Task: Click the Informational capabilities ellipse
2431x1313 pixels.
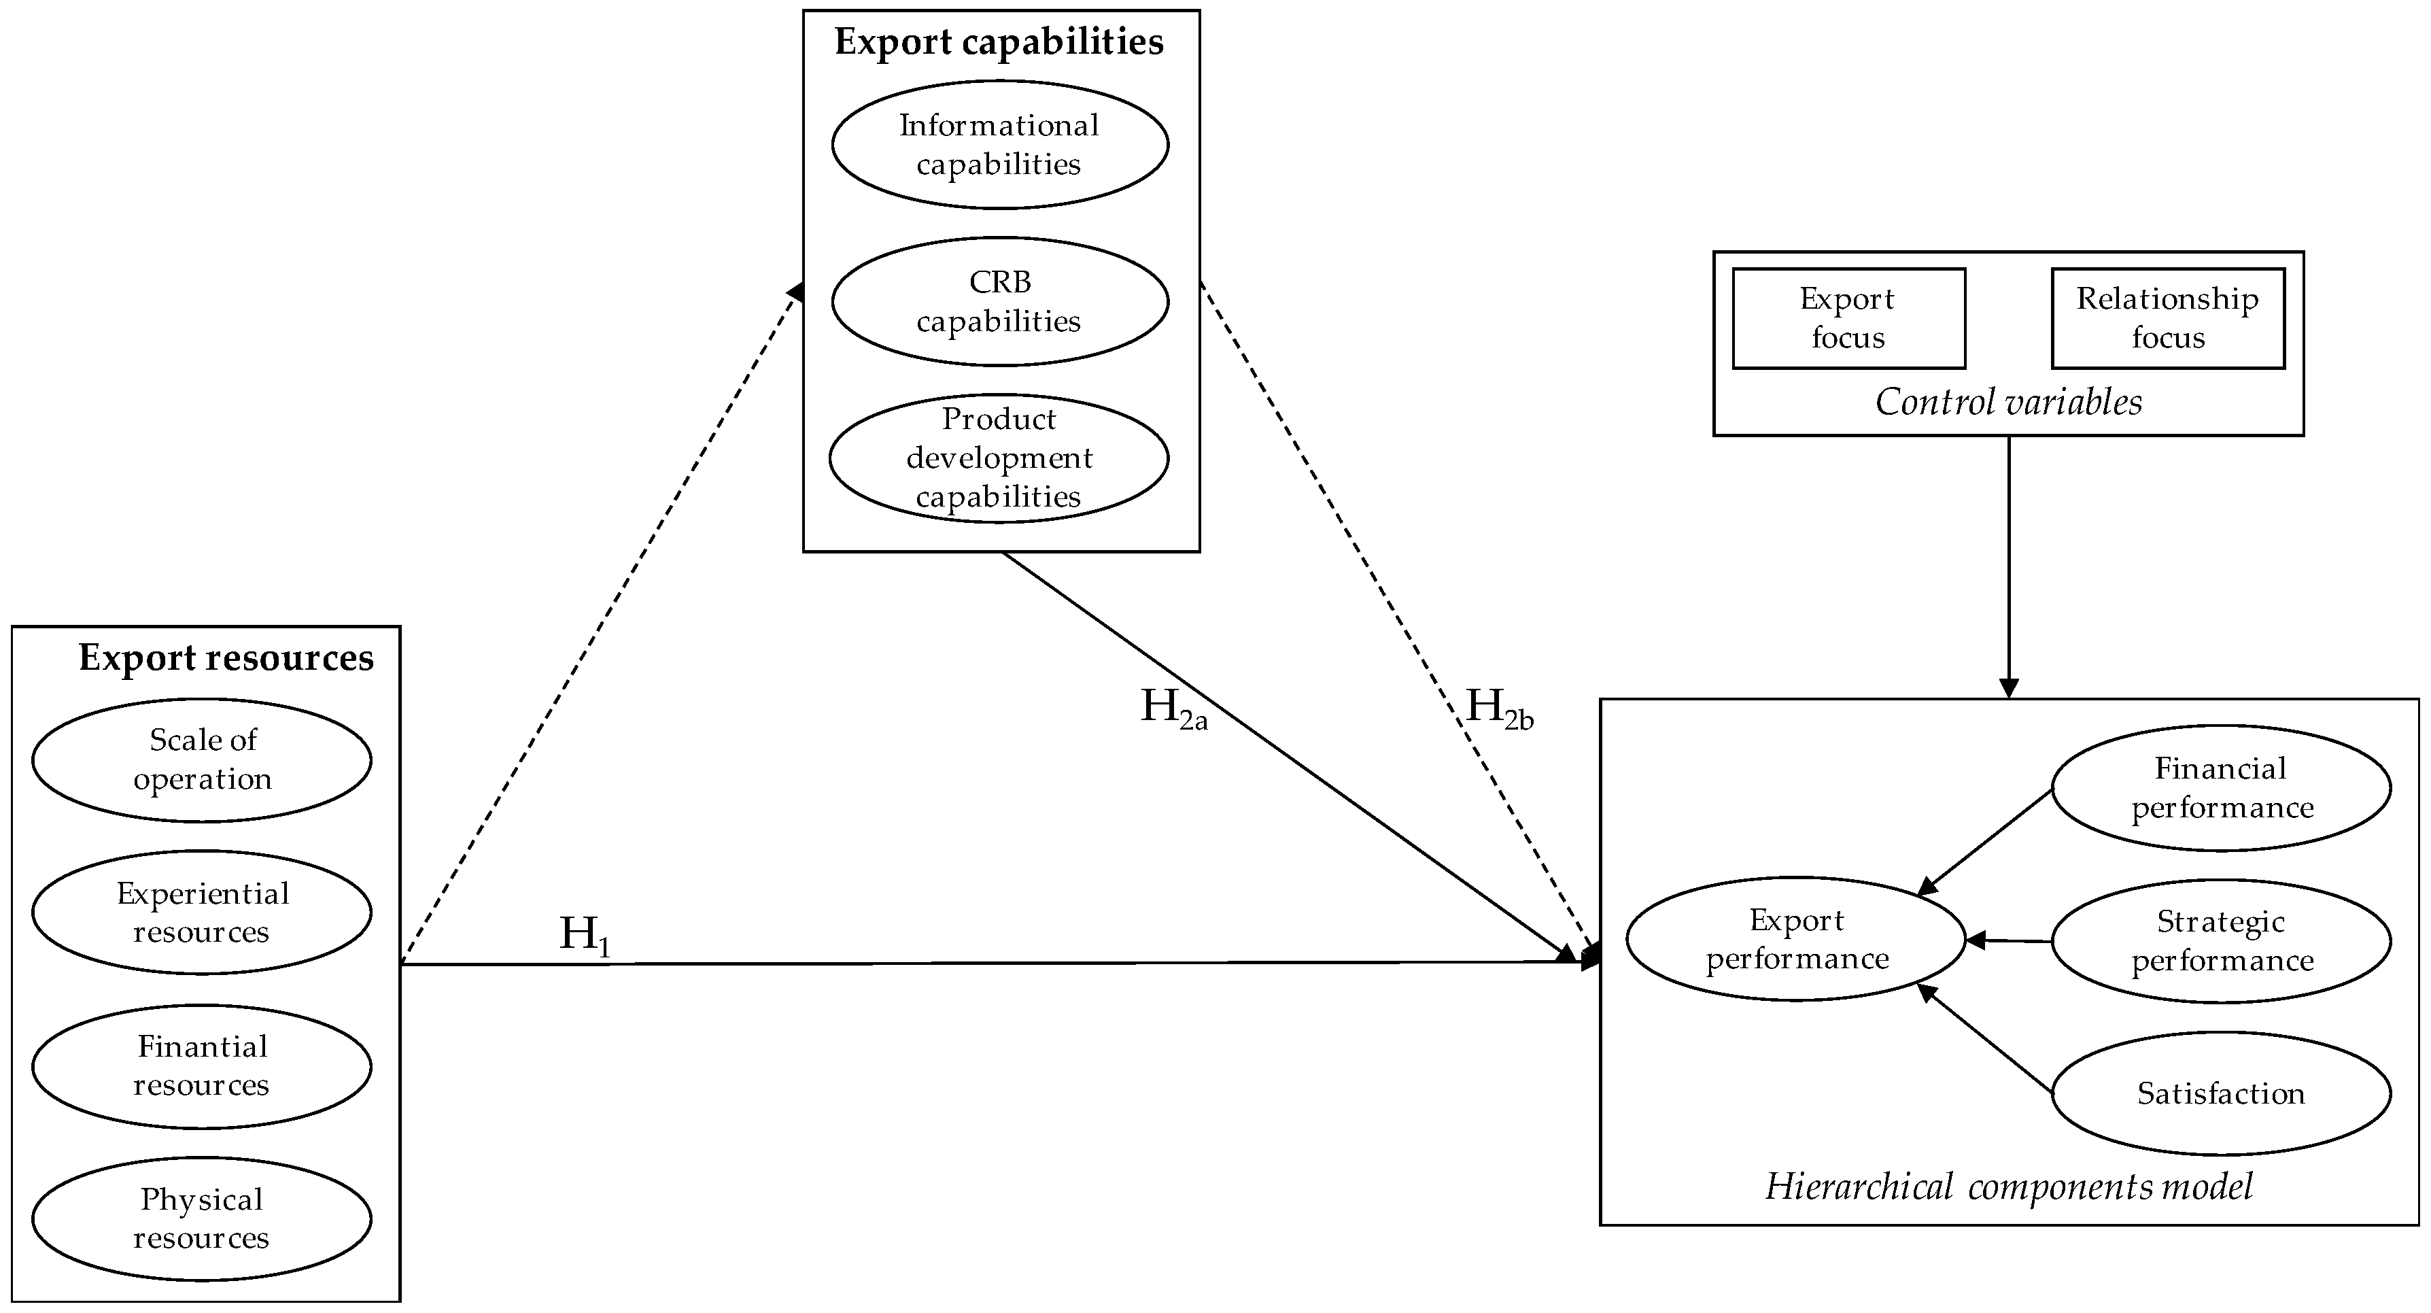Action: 999,144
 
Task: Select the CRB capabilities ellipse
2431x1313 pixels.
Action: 999,301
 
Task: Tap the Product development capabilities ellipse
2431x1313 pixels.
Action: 999,458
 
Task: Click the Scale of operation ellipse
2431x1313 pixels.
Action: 202,760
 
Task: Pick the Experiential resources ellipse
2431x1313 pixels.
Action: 202,913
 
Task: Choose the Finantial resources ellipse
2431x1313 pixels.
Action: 202,1065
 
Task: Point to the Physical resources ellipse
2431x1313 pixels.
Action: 202,1218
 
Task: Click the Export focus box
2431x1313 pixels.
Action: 1848,318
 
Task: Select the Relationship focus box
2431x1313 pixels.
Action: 2168,318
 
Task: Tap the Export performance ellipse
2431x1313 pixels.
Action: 1797,939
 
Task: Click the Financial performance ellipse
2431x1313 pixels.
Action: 2222,788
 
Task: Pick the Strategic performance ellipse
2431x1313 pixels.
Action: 2222,941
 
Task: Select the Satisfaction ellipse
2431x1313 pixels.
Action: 2222,1093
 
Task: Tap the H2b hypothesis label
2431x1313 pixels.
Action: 1498,708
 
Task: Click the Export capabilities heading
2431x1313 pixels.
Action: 999,42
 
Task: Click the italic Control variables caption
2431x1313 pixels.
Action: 2008,402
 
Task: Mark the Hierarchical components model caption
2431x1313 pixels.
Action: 2009,1187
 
